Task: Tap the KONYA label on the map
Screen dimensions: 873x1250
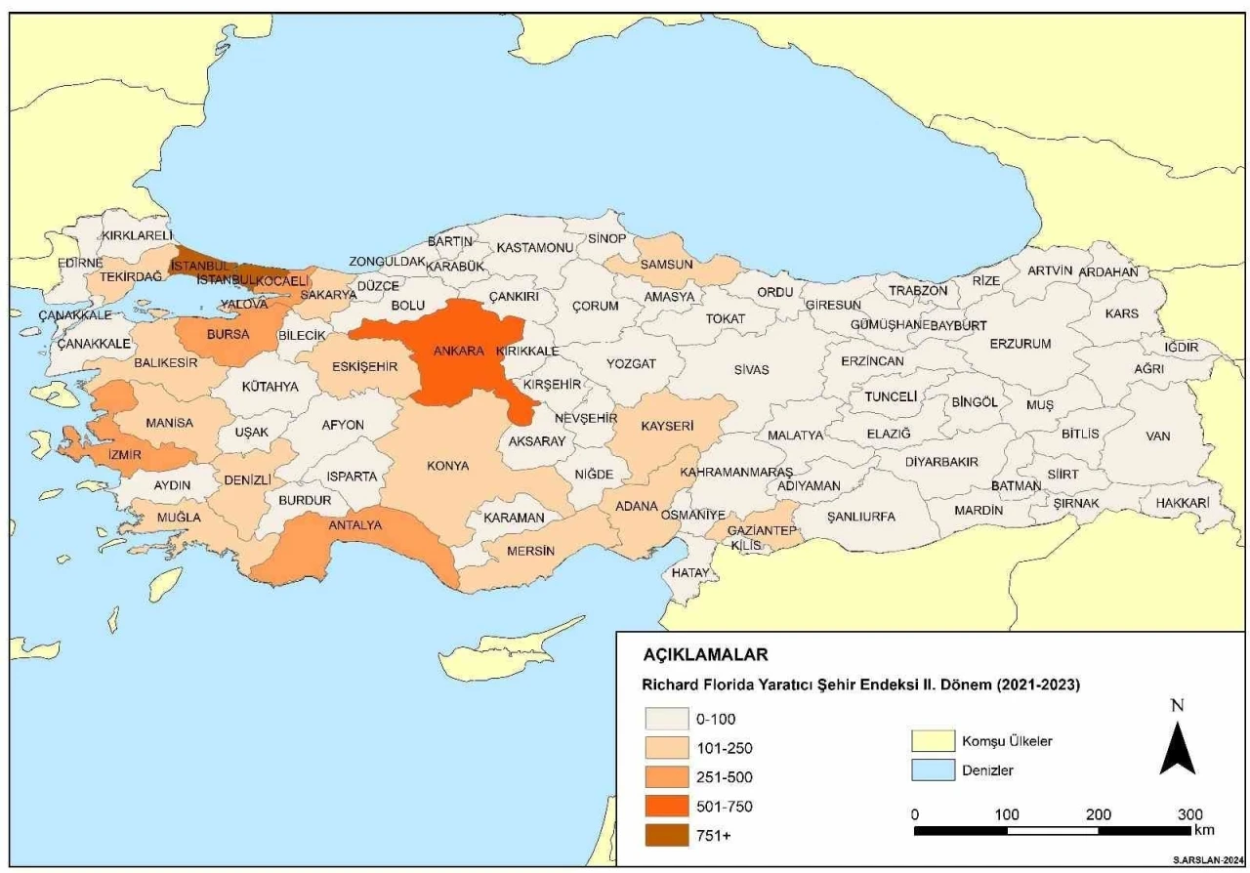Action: pos(447,466)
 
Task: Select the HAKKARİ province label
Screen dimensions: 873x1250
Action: pos(1182,502)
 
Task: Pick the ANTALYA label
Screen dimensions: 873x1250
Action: pos(354,525)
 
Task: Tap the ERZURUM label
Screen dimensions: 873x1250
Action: pos(1020,344)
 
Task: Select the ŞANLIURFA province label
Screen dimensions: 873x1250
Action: pos(860,517)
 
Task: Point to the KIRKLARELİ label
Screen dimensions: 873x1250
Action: pos(137,235)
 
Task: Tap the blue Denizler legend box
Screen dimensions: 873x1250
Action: pos(931,769)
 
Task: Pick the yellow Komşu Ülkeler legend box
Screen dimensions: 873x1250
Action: pos(931,740)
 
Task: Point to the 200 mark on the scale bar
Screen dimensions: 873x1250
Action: pos(1099,814)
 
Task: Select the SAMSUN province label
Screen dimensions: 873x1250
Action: pos(666,264)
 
